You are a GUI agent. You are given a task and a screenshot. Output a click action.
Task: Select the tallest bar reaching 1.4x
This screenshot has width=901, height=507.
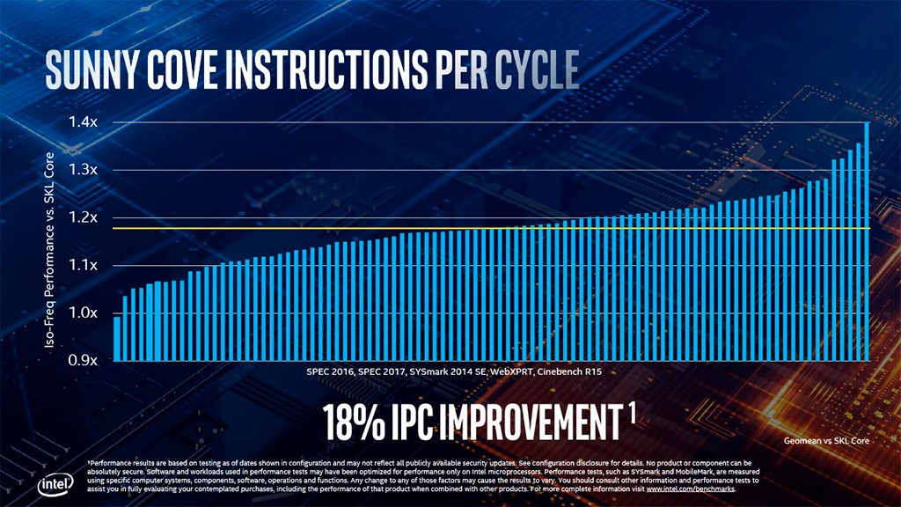pyautogui.click(x=867, y=241)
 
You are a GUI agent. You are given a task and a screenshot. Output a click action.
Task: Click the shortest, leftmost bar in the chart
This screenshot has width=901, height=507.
pyautogui.click(x=117, y=338)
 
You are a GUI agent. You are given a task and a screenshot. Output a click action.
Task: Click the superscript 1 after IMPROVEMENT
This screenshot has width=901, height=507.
pyautogui.click(x=632, y=411)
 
